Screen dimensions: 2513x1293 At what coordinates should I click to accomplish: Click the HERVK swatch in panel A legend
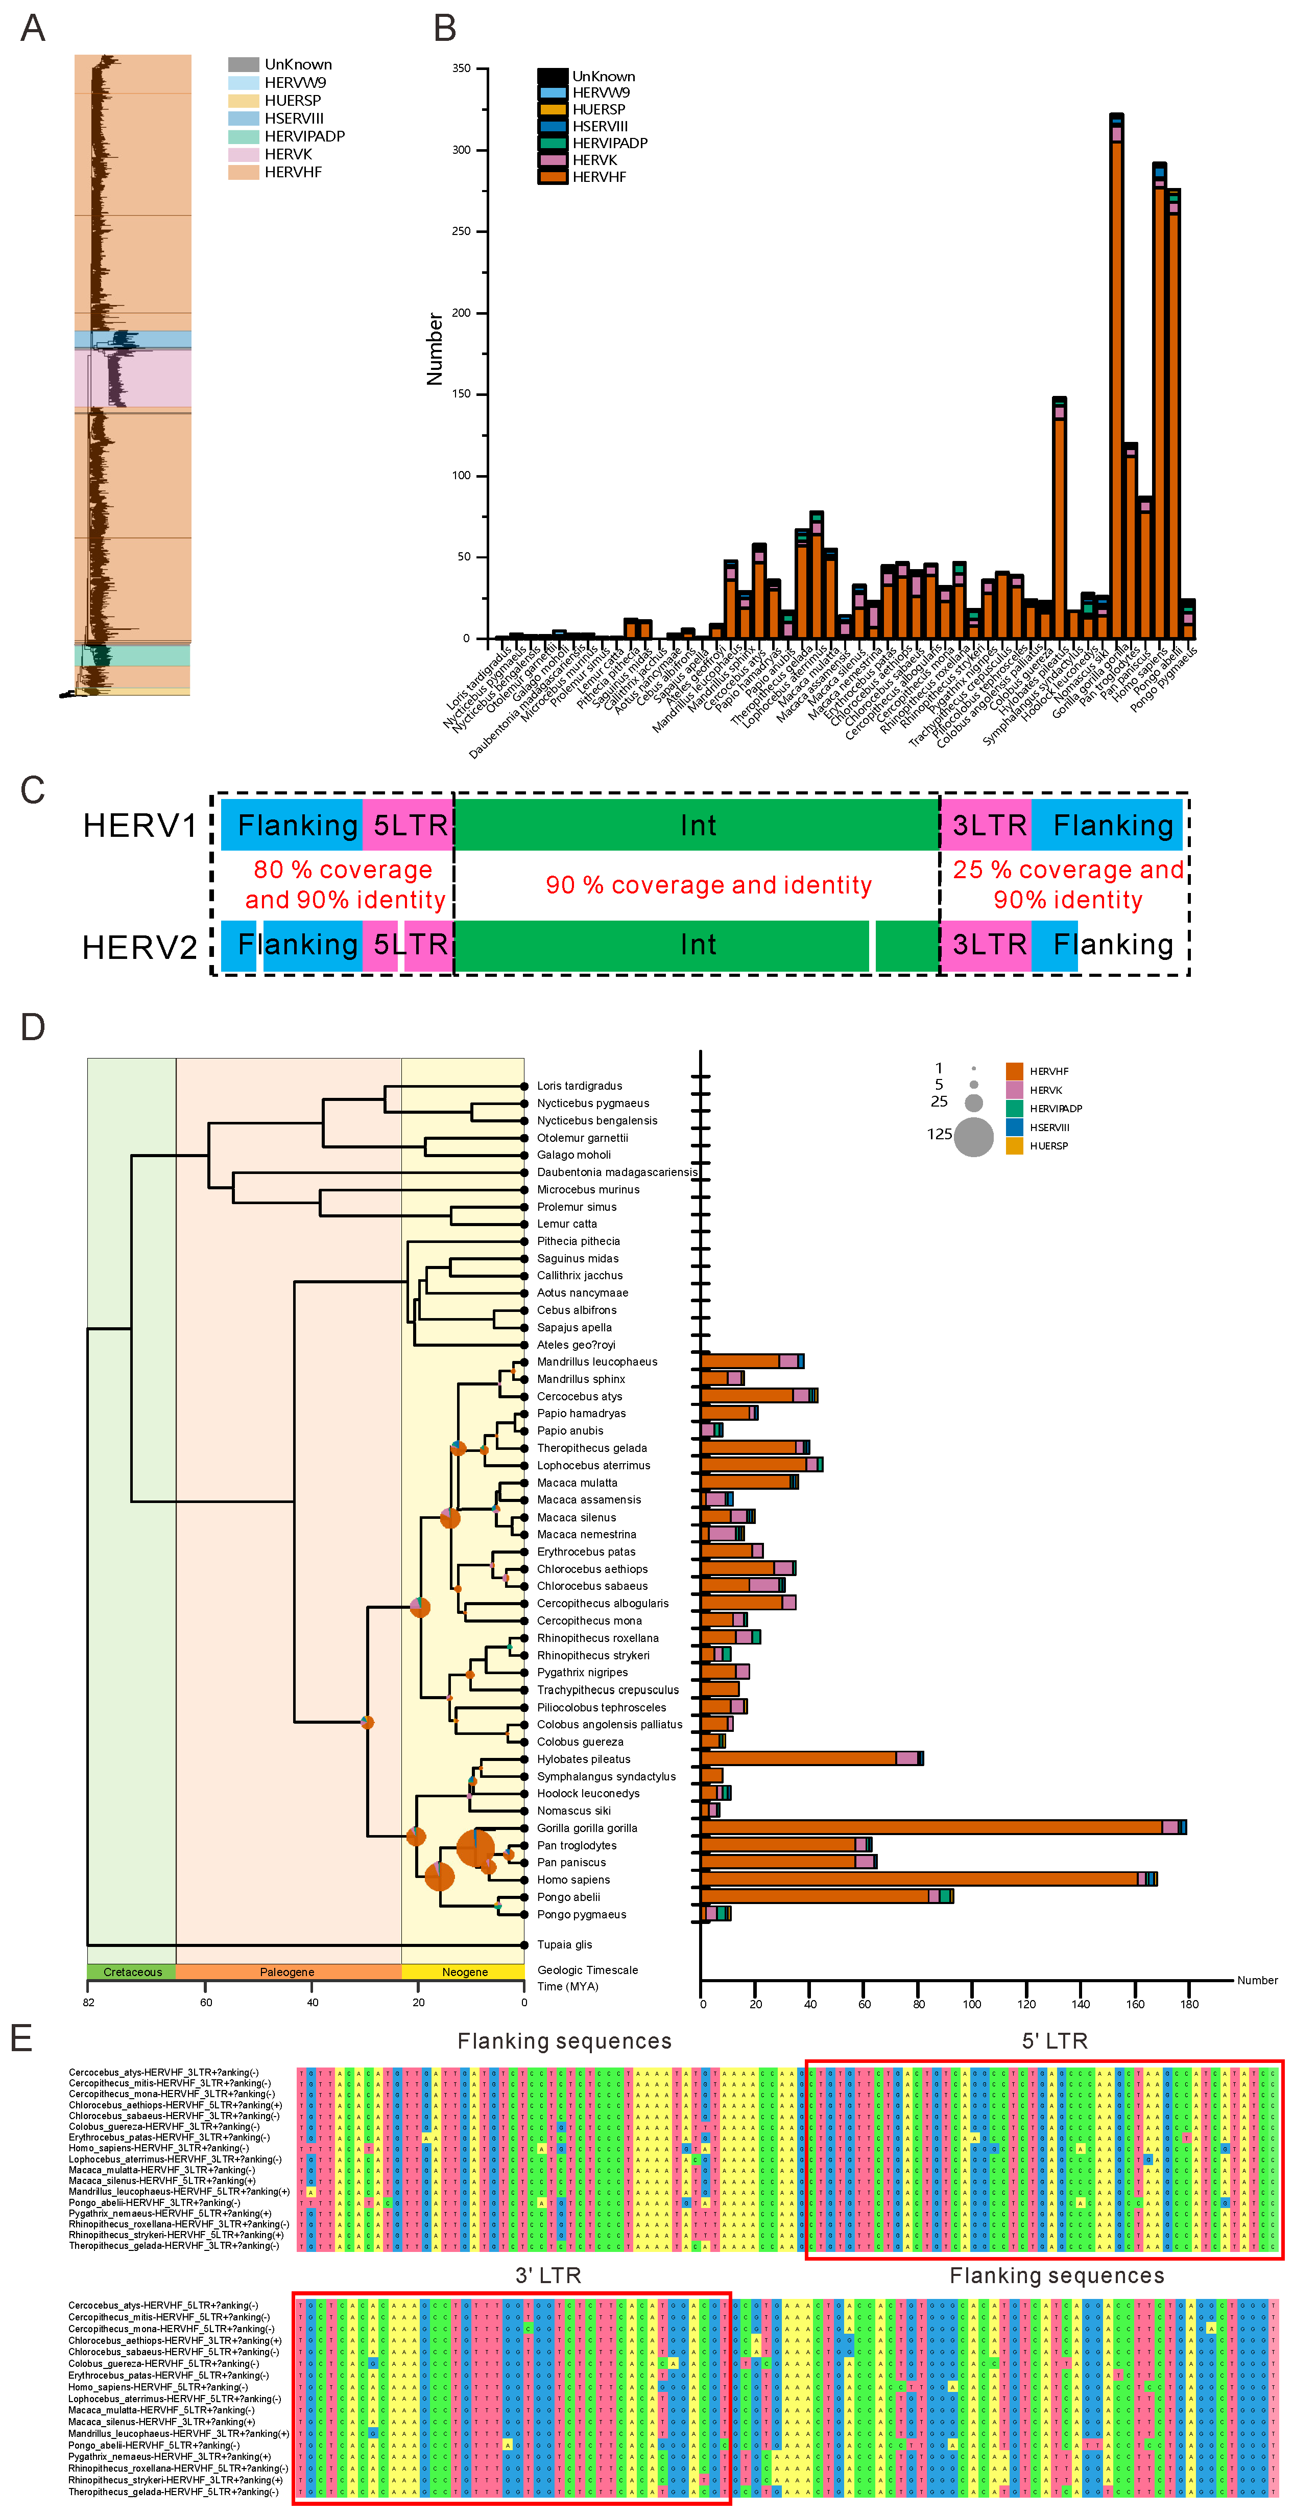tap(243, 154)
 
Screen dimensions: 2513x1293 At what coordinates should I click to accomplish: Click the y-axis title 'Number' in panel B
tap(435, 348)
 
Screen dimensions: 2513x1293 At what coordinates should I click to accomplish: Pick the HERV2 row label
tap(139, 946)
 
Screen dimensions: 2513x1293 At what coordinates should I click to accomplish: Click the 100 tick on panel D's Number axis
tap(972, 1996)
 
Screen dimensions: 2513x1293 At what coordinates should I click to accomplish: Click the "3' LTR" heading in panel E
tap(548, 2275)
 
